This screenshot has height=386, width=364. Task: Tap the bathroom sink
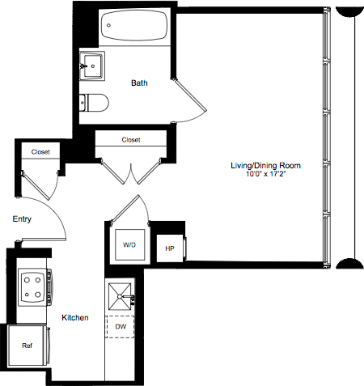click(x=93, y=65)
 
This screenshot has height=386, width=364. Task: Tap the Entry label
click(x=22, y=219)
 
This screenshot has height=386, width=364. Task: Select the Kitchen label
click(x=75, y=317)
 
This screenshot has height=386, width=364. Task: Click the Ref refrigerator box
click(x=27, y=345)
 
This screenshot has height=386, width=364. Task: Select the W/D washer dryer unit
click(x=129, y=244)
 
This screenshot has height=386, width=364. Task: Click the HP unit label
click(x=170, y=248)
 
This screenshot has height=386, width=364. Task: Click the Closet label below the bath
click(x=130, y=139)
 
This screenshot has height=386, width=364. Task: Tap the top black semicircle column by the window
click(x=349, y=11)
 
